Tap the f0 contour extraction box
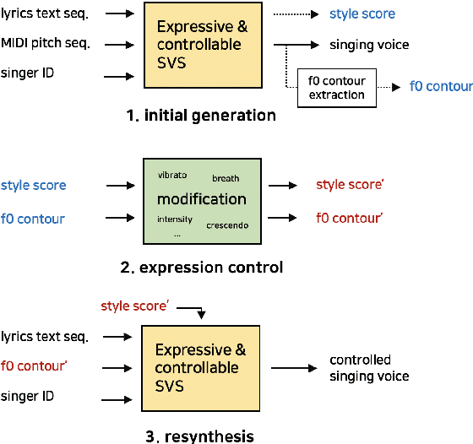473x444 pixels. click(x=335, y=87)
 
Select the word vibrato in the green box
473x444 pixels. click(x=172, y=175)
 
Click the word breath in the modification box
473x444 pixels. click(x=226, y=178)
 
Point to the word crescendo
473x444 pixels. click(x=226, y=225)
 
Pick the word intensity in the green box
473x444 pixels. click(x=174, y=219)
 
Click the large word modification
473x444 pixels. click(x=201, y=199)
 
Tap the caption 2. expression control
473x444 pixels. click(x=201, y=268)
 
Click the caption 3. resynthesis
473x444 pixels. click(x=199, y=436)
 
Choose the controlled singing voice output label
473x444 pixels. click(x=369, y=368)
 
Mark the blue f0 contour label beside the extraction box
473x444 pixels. click(x=441, y=86)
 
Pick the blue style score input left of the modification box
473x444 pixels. click(x=33, y=185)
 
